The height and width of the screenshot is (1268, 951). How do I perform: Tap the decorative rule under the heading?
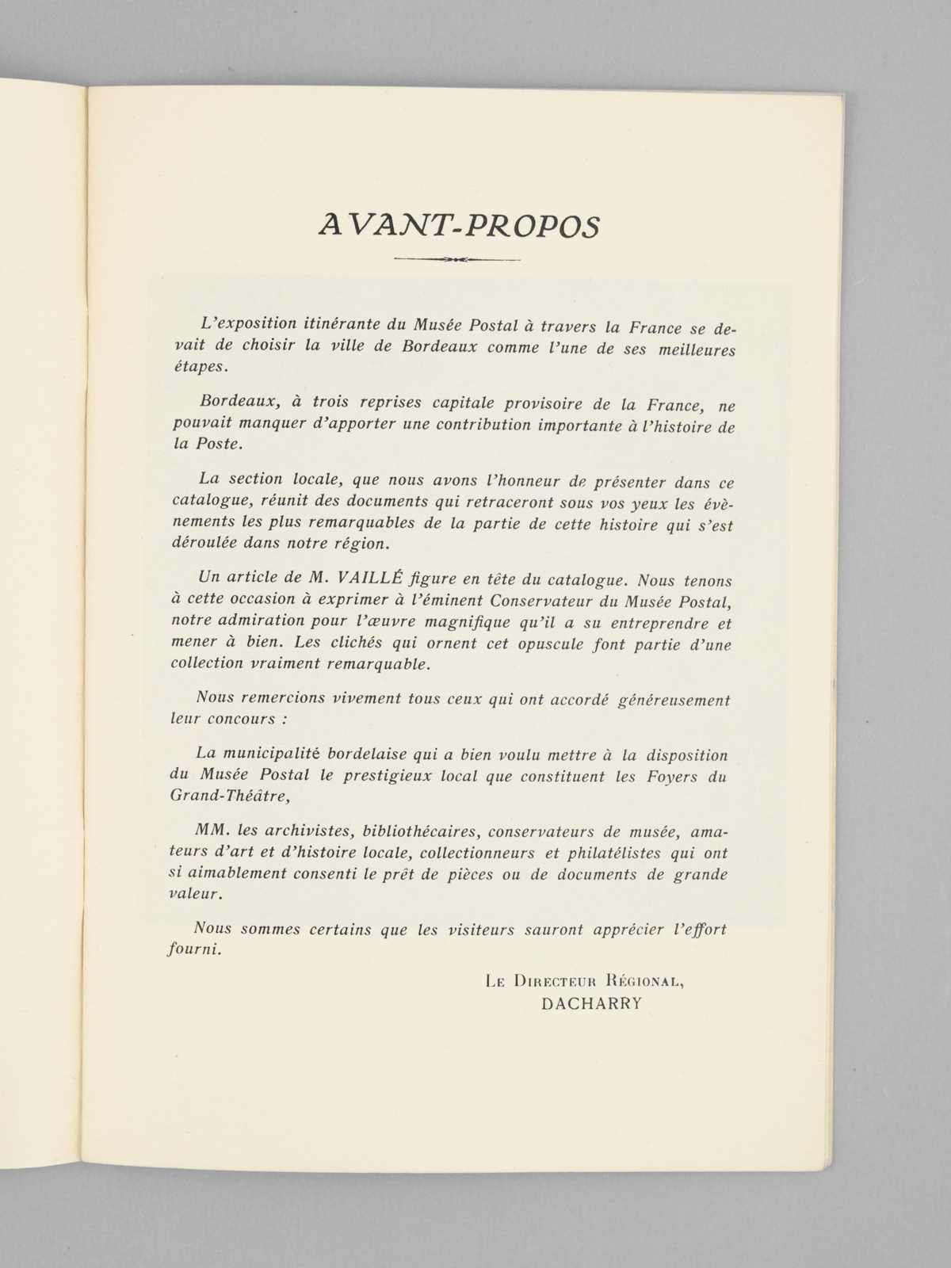[x=456, y=259]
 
